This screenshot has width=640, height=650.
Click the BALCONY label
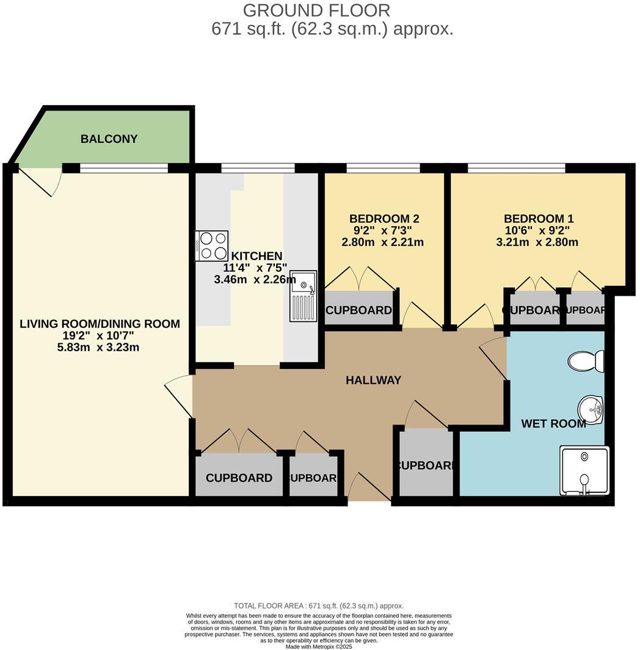[x=109, y=139]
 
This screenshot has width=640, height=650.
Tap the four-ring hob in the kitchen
[x=211, y=246]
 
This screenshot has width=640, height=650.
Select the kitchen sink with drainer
[x=303, y=296]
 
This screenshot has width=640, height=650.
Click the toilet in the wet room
[x=586, y=360]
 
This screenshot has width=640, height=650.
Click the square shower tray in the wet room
[x=584, y=470]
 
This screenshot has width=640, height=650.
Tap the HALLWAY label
[x=373, y=380]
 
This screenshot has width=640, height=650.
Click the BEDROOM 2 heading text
[x=384, y=219]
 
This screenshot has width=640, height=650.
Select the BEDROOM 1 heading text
[x=538, y=219]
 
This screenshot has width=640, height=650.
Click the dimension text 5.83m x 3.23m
[x=100, y=348]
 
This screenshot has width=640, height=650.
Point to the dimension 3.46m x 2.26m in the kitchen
[x=255, y=279]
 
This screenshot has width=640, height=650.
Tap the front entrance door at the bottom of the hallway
[x=369, y=488]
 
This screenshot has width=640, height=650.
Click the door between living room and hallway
[x=178, y=397]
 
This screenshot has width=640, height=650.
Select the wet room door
[x=493, y=359]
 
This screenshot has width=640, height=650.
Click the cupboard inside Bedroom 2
[x=358, y=310]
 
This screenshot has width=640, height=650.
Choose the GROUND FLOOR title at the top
[x=316, y=10]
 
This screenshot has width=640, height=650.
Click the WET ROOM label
[x=553, y=423]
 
